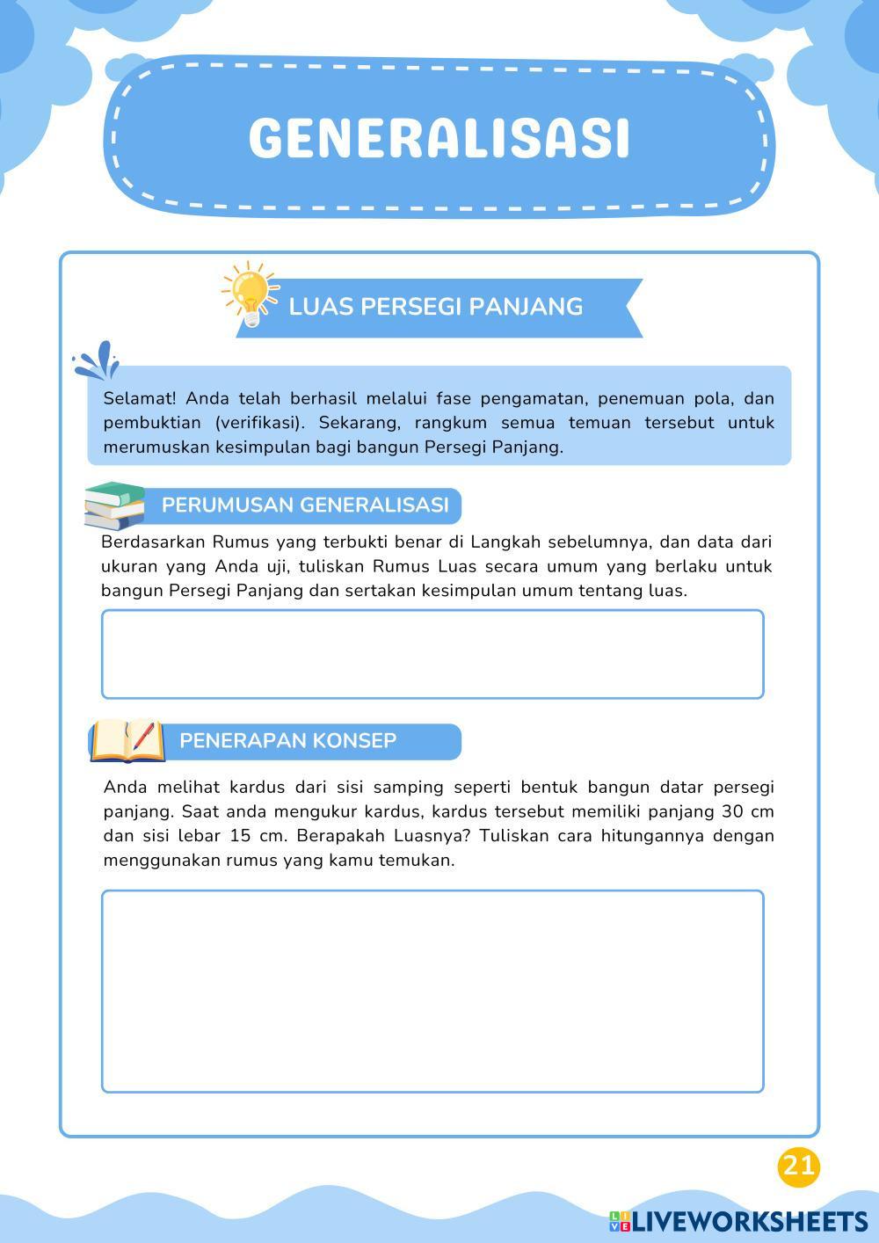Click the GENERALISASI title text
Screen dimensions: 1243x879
tap(439, 138)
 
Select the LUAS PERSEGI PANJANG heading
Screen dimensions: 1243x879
tap(436, 307)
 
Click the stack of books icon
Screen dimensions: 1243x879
tap(115, 505)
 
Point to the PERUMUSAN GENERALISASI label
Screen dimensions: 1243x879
tap(305, 505)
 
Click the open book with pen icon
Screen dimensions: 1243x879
tap(127, 740)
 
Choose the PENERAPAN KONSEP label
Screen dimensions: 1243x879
tap(287, 741)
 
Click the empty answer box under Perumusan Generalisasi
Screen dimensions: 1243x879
tap(432, 654)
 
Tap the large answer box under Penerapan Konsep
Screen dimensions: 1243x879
tap(432, 991)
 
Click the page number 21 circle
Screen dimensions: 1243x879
tap(798, 1166)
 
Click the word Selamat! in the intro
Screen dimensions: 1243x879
tap(140, 399)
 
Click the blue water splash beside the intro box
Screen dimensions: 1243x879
tap(97, 359)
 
